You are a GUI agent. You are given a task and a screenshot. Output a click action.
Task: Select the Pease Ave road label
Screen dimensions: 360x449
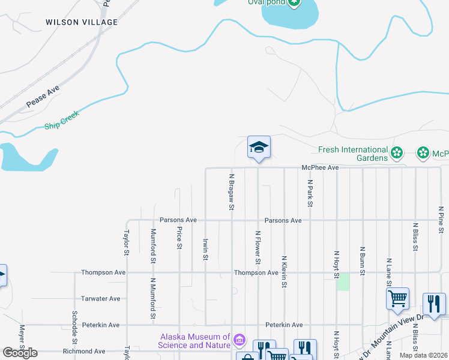pos(43,97)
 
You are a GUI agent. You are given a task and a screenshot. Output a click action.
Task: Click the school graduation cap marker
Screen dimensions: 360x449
pos(259,147)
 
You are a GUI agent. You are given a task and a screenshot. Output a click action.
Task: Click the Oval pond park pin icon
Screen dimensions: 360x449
pos(294,2)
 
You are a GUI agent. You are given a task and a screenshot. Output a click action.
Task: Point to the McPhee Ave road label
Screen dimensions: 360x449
pos(321,168)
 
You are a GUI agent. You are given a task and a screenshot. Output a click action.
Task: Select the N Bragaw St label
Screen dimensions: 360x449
pos(232,192)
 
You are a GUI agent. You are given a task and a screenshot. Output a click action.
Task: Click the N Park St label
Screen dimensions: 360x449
pos(310,193)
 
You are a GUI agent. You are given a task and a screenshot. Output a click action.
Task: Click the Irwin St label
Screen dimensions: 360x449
pos(205,248)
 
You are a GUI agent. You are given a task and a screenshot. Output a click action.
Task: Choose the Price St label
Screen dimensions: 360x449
pos(179,238)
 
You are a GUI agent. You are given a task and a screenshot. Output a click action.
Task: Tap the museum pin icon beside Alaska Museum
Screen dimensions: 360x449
pos(240,341)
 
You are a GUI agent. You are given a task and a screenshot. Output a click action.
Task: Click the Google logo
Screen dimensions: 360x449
pos(20,353)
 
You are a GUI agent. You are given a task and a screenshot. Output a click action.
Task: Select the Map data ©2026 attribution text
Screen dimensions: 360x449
pos(423,355)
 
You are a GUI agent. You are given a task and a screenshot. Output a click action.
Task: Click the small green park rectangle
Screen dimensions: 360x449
pos(343,282)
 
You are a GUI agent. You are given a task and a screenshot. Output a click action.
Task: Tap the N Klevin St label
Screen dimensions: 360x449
pos(284,271)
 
